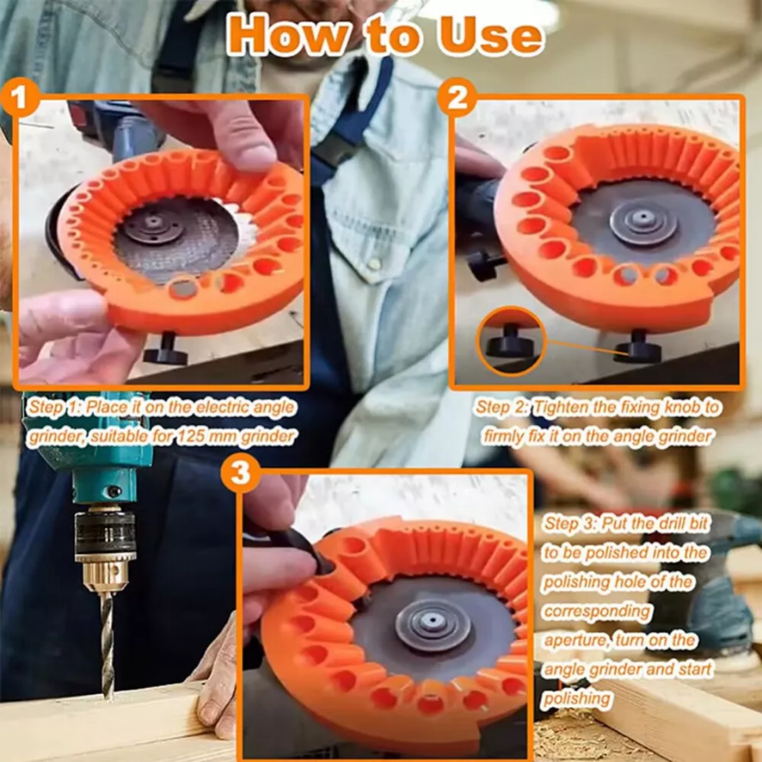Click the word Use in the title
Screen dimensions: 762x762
[490, 35]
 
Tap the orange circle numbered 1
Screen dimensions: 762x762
[20, 98]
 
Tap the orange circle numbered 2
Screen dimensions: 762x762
[457, 98]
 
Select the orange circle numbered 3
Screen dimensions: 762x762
[240, 473]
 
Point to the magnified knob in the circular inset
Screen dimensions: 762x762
[510, 341]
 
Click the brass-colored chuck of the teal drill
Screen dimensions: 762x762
[104, 574]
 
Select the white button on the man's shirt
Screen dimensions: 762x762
[374, 264]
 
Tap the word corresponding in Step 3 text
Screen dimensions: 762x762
[597, 611]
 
